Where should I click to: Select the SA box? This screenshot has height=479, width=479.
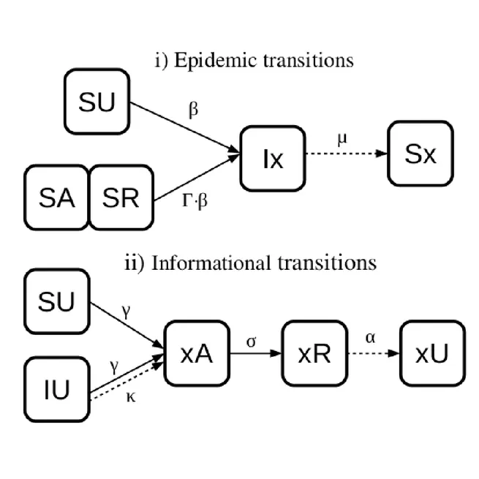pos(56,197)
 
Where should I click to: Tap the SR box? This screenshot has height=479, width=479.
pos(121,197)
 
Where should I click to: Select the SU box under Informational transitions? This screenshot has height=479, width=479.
pos(56,301)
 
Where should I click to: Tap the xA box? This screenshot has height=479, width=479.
pos(195,352)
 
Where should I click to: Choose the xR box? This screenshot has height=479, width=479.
pos(313,352)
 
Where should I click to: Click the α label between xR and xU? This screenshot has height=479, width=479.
pos(371,339)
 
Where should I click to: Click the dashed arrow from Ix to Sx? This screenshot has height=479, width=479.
pos(344,154)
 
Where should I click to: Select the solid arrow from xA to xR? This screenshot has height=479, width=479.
pos(254,352)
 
